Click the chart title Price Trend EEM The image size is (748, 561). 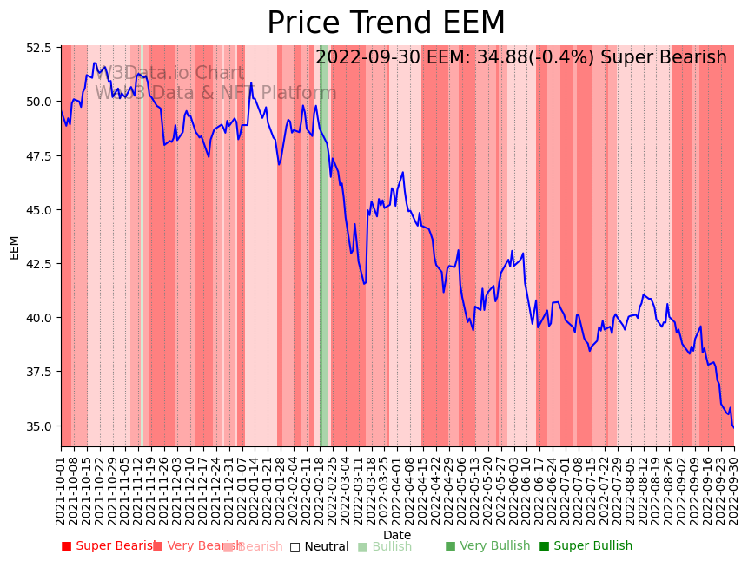(x=386, y=23)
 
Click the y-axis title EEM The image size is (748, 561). (x=14, y=247)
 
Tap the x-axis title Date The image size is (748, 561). (x=397, y=535)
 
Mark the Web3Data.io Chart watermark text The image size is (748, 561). (x=170, y=74)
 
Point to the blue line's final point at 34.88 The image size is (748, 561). (x=733, y=427)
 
